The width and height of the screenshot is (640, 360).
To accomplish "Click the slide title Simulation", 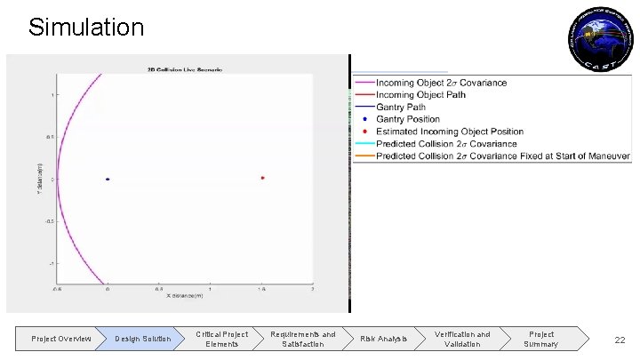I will point(85,27).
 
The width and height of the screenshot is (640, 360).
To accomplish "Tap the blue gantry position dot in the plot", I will point(108,180).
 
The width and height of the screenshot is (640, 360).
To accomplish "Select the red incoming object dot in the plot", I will point(263,178).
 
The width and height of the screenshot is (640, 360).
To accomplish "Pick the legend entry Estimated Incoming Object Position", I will point(450,132).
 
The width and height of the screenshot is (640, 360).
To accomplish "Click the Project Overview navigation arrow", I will point(60,339).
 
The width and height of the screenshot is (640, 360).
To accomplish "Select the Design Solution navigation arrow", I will point(142,339).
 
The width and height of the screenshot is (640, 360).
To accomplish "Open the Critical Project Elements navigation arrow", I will point(221,339).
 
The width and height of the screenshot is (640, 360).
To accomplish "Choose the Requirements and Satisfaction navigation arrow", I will point(302,339).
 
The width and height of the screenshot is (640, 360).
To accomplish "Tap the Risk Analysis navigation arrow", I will point(383,339).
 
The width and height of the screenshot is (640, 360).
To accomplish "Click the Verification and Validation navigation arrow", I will point(461,339).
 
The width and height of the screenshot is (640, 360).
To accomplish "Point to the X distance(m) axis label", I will point(184,296).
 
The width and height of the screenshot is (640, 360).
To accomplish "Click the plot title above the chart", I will point(184,68).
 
